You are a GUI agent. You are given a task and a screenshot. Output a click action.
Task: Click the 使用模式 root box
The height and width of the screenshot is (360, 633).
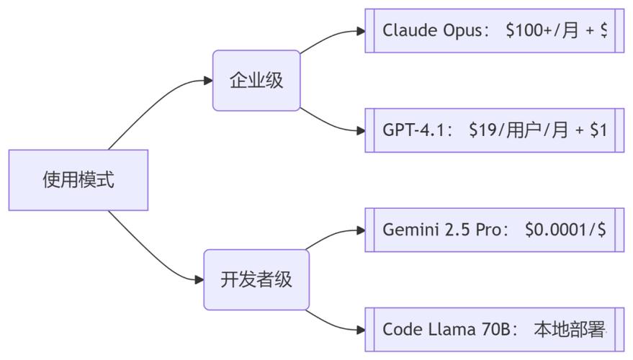coord(78,180)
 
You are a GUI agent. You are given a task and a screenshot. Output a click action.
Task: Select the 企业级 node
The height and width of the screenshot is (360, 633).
coord(256,81)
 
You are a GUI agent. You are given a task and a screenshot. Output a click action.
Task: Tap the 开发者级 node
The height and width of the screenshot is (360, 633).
coord(256,279)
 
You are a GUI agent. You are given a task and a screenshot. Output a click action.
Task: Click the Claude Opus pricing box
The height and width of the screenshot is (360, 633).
coord(495,31)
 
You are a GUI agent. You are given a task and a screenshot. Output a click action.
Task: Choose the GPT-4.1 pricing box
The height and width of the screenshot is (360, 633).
coord(495,130)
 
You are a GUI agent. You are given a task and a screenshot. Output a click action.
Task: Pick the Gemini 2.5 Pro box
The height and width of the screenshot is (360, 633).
coord(495,230)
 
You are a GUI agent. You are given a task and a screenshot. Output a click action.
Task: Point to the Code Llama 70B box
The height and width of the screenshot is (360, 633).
coord(495,329)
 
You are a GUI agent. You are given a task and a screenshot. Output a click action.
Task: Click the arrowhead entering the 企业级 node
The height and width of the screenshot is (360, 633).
coord(208,81)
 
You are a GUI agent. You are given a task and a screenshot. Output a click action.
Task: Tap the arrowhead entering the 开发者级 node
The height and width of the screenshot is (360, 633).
coord(199,279)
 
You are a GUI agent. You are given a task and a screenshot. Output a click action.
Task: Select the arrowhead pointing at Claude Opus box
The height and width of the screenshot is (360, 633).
coord(361,31)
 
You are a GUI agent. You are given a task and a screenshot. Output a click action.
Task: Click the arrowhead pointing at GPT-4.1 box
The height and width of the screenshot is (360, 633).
coord(361,130)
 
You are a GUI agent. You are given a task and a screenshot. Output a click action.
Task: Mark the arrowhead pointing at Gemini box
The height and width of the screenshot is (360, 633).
coord(361,230)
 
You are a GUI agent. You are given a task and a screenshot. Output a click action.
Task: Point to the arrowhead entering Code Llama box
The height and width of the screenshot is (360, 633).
coord(361,330)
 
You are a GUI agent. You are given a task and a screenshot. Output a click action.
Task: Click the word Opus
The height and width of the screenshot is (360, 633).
coord(462,31)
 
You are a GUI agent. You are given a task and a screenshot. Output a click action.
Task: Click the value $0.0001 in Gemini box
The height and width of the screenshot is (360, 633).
coord(556,230)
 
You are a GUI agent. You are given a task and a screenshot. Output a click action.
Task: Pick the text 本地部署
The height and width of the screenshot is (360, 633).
coord(569,329)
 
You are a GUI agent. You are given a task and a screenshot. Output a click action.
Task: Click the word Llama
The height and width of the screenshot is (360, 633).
coord(452,329)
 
